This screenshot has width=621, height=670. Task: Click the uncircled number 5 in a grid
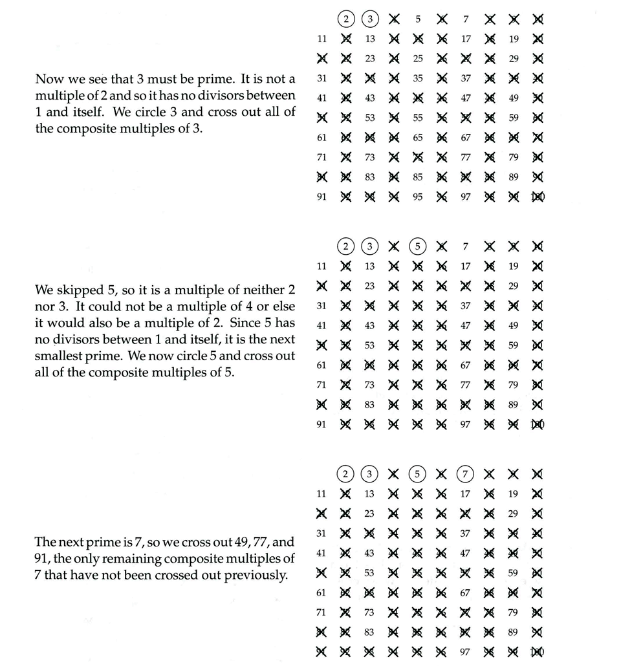click(x=418, y=19)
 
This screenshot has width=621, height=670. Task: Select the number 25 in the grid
click(x=418, y=59)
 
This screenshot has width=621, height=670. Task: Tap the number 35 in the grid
click(x=418, y=78)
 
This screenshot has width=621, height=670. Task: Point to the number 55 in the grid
click(x=418, y=118)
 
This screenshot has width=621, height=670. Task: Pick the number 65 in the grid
click(x=418, y=138)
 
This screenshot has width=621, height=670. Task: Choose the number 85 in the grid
click(x=418, y=177)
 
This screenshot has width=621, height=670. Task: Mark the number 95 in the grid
click(x=418, y=197)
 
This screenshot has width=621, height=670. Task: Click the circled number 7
click(x=465, y=474)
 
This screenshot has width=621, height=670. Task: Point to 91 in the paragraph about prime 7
click(x=43, y=558)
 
